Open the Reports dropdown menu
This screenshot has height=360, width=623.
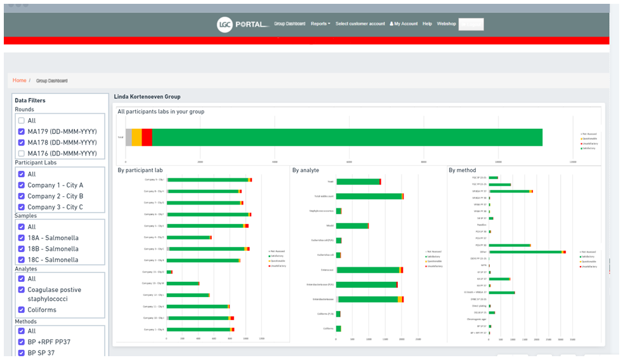[x=320, y=24]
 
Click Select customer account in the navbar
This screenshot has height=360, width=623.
[x=360, y=24]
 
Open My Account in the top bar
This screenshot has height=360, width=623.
[x=403, y=24]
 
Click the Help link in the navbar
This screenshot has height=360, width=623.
[x=427, y=24]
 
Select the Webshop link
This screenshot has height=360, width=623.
[x=446, y=24]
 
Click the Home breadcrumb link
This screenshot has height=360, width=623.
[x=20, y=81]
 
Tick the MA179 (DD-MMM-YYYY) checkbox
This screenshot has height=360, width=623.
[x=22, y=132]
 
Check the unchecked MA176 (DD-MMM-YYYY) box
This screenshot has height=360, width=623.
[x=22, y=154]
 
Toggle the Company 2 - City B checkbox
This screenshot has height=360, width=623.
[x=22, y=196]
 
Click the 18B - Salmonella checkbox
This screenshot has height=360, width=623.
[x=22, y=249]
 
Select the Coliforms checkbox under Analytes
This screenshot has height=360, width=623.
[x=22, y=310]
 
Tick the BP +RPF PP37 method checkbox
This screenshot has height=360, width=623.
[x=22, y=342]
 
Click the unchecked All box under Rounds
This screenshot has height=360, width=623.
[x=22, y=121]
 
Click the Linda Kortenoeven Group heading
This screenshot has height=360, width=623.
[x=147, y=97]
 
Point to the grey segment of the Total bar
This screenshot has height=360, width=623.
[x=129, y=137]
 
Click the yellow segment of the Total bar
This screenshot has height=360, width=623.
[x=136, y=137]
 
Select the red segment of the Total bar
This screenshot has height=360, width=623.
[x=147, y=137]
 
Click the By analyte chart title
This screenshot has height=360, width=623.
[x=305, y=170]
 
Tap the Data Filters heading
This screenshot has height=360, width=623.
[x=30, y=100]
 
